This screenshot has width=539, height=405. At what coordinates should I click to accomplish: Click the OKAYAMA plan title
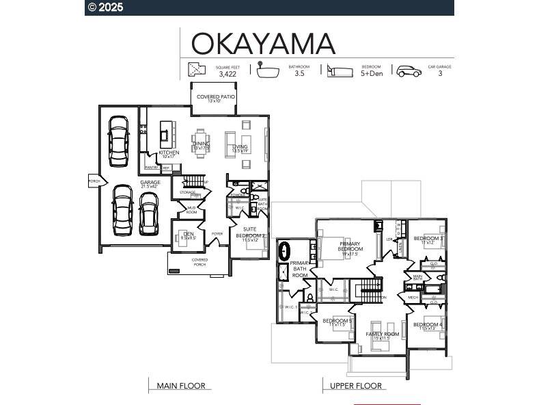pos(263,43)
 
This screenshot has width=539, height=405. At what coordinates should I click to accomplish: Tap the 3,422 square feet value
pos(227,74)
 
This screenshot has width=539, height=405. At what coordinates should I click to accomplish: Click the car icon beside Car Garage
pos(409,71)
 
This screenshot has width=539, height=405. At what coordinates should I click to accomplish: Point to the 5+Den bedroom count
pos(372,74)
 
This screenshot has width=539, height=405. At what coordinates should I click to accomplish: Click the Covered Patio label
pos(216,97)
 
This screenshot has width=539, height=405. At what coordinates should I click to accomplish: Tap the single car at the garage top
pos(118,140)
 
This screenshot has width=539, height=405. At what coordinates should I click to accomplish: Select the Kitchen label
pos(169,153)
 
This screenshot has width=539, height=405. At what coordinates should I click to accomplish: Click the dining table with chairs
pos(200,144)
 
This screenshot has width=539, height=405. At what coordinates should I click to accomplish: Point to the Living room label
pos(240,147)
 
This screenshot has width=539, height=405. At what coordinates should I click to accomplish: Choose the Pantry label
pos(151,167)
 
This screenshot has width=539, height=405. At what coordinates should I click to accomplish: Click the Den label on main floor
pos(189,234)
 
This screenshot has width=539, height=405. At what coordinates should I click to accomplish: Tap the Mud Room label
pos(192,211)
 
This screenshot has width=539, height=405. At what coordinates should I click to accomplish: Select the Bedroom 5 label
pos(337,321)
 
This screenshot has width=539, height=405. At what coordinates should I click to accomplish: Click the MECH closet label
pos(413,298)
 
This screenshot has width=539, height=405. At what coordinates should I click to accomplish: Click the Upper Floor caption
pos(355,386)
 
